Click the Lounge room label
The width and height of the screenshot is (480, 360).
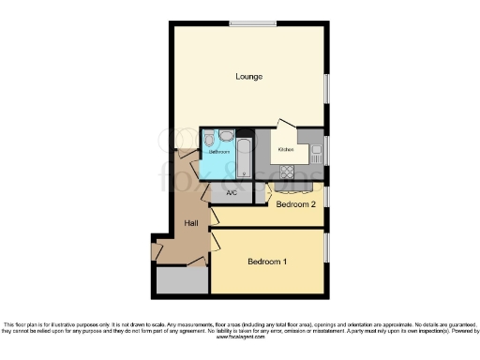(248, 76)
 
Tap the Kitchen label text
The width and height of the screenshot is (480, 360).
(285, 149)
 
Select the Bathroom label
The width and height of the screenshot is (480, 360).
(219, 151)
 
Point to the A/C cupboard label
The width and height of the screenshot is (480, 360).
(232, 193)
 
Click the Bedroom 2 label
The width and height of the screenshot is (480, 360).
(295, 203)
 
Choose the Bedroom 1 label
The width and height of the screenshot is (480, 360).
(267, 262)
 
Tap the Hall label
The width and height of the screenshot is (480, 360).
(191, 222)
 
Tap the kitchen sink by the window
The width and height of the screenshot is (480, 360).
(316, 147)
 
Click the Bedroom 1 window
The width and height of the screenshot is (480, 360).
(325, 247)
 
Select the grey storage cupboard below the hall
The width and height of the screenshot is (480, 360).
(183, 279)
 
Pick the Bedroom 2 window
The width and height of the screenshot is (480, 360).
(325, 203)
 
